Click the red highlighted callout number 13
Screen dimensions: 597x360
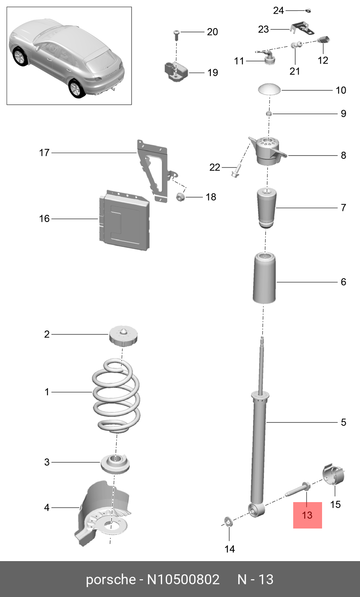[307, 515]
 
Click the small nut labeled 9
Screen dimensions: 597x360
[268, 113]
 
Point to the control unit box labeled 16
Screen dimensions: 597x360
[124, 221]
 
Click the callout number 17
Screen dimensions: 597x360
[44, 153]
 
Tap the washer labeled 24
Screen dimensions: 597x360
[308, 10]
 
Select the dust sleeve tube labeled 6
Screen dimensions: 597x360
[264, 278]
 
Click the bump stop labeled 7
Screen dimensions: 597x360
[267, 208]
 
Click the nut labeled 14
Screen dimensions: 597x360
[228, 522]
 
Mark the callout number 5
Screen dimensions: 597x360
[343, 422]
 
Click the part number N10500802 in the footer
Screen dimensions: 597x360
[183, 579]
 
